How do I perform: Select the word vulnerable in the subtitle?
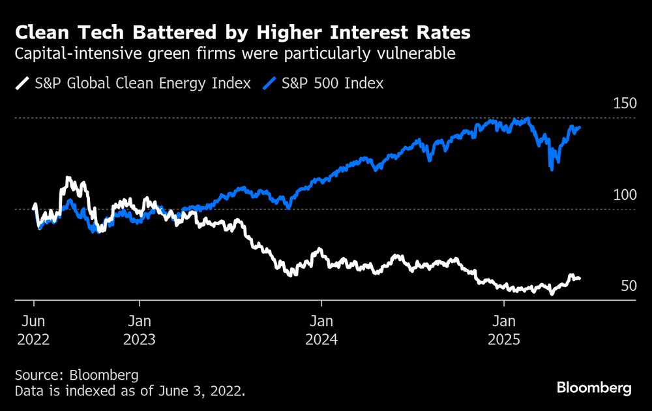click(418, 54)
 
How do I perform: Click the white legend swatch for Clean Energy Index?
click(23, 83)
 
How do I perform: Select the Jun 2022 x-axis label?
click(34, 329)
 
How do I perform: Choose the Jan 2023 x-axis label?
click(139, 329)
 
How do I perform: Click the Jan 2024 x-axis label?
click(321, 329)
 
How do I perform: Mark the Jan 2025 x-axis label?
click(503, 329)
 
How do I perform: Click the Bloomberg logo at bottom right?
click(594, 388)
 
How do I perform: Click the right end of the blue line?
click(580, 127)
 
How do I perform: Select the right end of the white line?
click(580, 279)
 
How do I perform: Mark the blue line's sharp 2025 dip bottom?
click(552, 170)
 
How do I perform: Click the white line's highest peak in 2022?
click(67, 178)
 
